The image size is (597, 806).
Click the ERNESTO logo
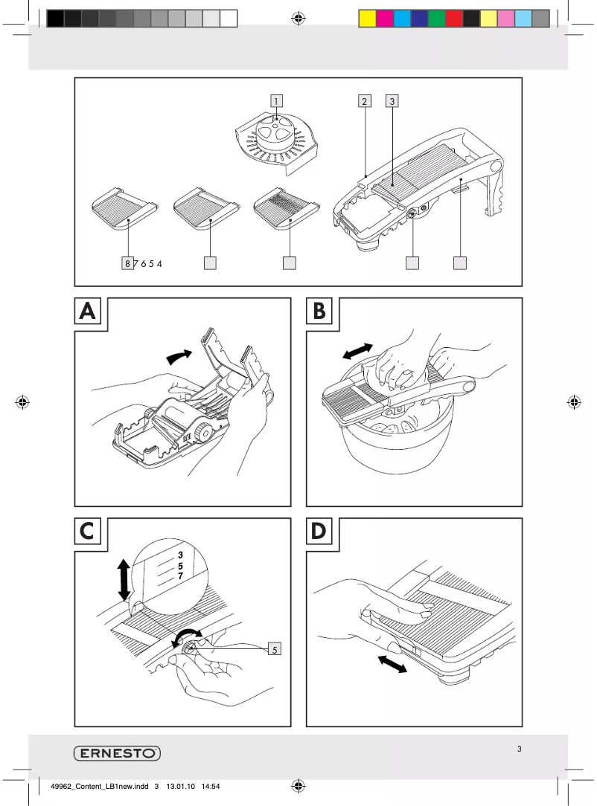point(117,753)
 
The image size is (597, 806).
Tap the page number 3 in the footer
point(520,749)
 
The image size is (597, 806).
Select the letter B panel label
point(320,312)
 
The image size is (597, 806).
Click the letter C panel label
point(88,532)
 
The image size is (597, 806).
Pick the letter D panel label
point(319,532)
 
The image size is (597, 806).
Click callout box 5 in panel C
point(275,649)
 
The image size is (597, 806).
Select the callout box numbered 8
point(128,262)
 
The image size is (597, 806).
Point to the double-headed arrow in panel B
point(359,349)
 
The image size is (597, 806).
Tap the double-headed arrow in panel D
point(392,663)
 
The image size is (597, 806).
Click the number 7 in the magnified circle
point(180,576)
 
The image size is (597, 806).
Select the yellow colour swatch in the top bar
point(367,19)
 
